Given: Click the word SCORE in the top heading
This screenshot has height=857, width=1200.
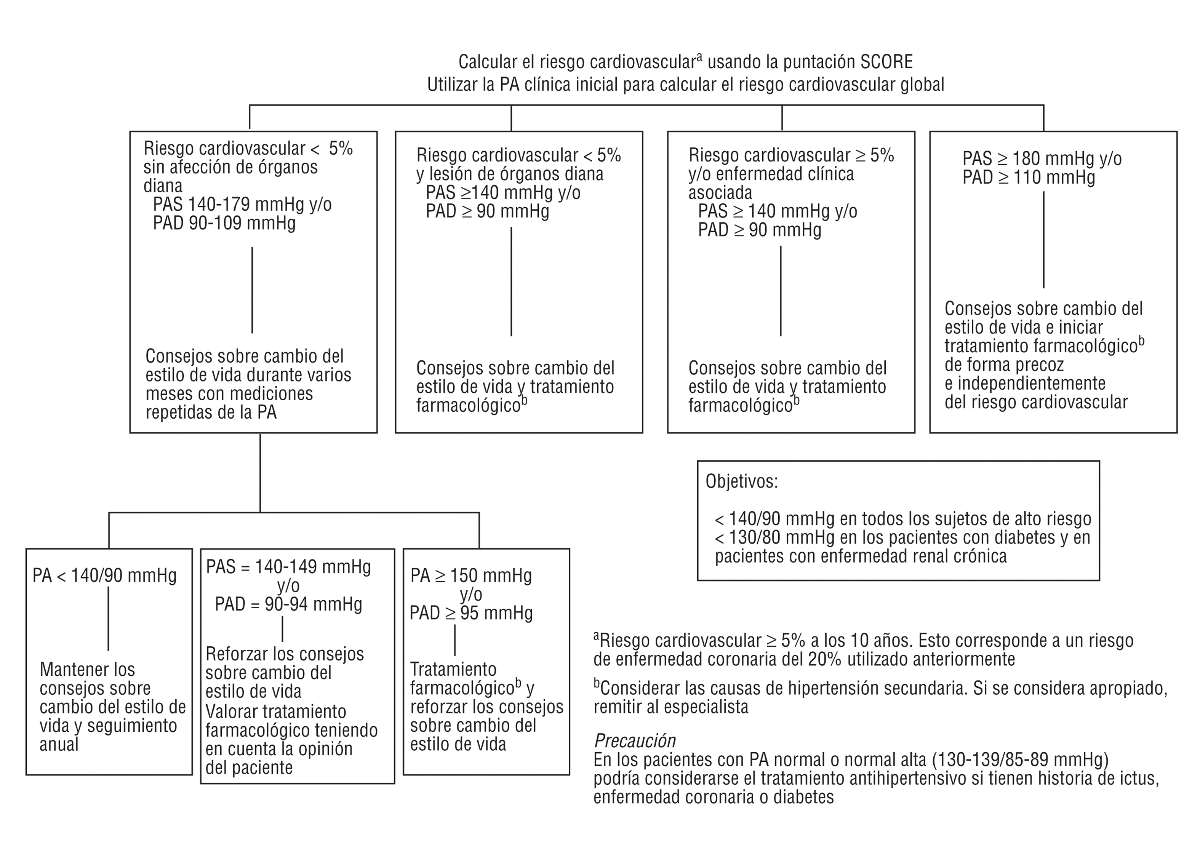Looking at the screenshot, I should click(886, 62).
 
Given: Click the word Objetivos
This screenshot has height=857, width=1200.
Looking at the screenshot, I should click(741, 481).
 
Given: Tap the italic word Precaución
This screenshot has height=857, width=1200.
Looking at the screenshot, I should click(635, 741).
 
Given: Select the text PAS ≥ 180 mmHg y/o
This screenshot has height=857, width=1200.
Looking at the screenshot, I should click(1042, 158).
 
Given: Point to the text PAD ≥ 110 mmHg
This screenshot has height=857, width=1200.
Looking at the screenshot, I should click(1029, 177).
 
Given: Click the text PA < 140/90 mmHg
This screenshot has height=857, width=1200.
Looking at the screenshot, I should click(104, 575).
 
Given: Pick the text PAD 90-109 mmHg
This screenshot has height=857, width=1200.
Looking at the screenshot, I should click(224, 223).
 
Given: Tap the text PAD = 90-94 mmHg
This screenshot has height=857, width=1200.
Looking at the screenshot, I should click(288, 604).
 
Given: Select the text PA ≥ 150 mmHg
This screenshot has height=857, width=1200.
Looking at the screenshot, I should click(471, 575).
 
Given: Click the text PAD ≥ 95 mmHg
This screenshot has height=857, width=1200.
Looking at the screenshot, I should click(471, 613).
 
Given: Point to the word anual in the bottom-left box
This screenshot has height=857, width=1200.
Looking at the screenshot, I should click(59, 745).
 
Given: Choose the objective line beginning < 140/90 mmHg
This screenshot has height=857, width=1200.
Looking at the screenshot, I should click(902, 519).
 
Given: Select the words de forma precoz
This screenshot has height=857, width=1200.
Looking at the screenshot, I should click(1004, 365).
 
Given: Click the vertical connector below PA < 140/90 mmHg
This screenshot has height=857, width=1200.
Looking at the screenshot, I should click(108, 619).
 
